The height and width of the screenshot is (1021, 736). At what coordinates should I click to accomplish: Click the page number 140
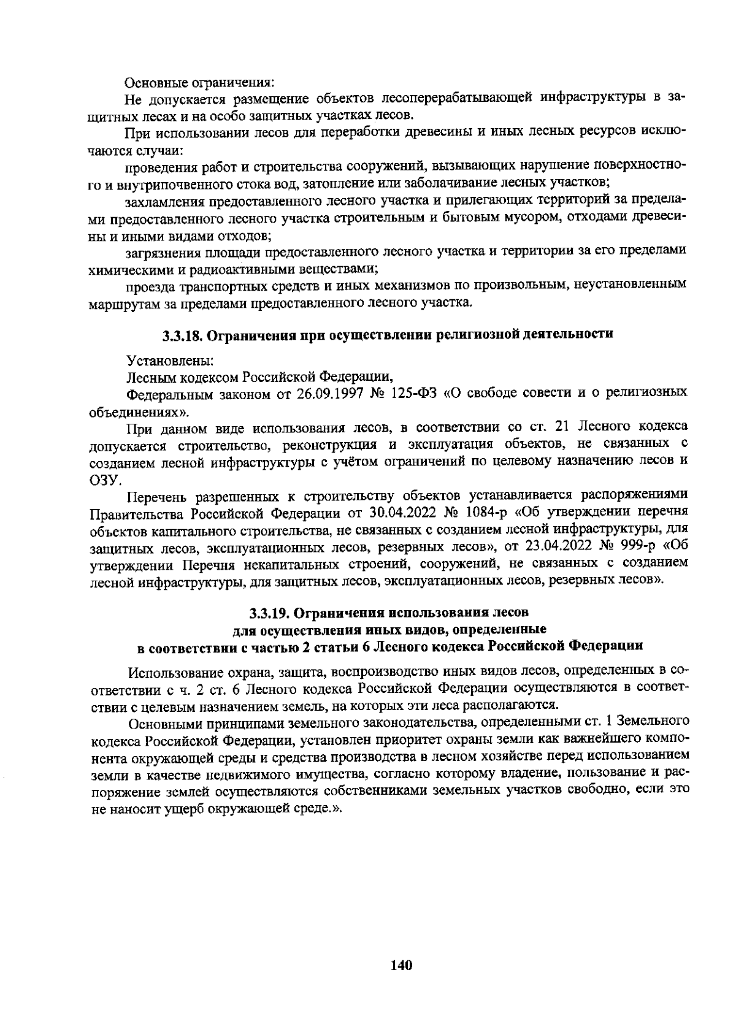(401, 965)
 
